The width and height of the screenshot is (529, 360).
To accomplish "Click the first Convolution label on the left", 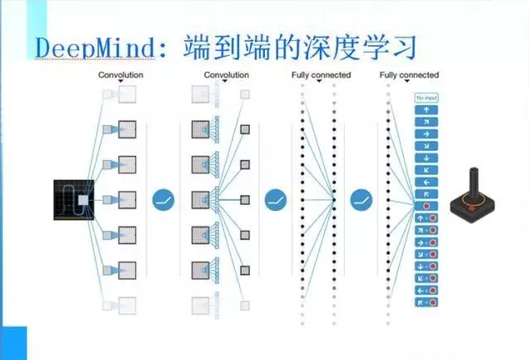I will pos(121,76).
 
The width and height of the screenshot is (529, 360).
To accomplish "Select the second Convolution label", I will pos(226,76).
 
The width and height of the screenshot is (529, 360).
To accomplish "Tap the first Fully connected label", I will pos(321,76).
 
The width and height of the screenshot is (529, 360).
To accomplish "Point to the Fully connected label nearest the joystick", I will pos(409,76).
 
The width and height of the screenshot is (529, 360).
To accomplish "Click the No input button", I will pos(426,97).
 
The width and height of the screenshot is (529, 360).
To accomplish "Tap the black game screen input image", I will pos(74,200).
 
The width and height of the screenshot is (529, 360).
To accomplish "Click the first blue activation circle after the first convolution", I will pos(163,200).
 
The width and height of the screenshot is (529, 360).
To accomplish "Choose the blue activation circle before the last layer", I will pos(361,200).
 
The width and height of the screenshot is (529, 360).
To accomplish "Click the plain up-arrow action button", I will pos(426,109).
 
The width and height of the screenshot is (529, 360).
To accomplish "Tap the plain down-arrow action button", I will pos(426,157).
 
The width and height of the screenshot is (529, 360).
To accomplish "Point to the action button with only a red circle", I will pos(426,205).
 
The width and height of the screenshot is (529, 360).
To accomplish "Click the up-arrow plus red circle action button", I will pos(426,217).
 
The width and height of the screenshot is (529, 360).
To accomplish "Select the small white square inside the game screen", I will pos(82,201).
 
